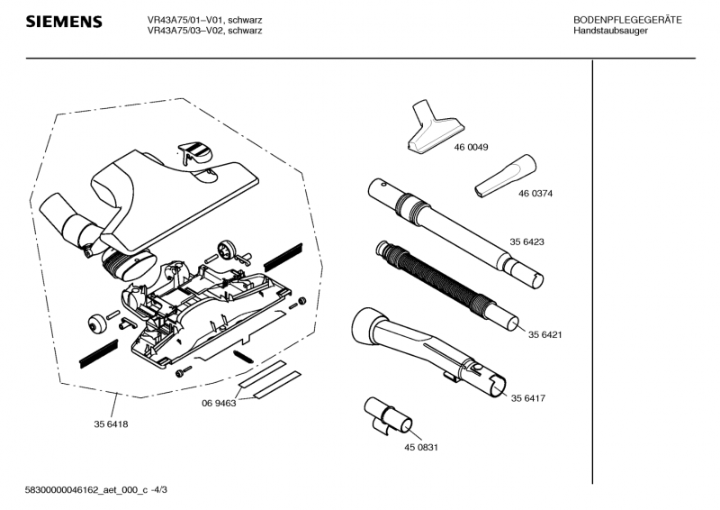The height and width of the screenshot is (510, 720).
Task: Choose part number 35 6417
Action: tap(530, 398)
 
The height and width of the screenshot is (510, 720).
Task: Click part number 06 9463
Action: tap(218, 404)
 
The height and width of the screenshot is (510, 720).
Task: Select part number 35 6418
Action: tap(111, 424)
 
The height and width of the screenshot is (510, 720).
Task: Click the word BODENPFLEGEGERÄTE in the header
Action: tap(627, 20)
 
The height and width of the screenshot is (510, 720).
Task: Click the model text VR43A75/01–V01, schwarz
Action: tap(204, 20)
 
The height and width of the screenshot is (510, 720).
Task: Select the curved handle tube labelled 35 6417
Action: tap(423, 347)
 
